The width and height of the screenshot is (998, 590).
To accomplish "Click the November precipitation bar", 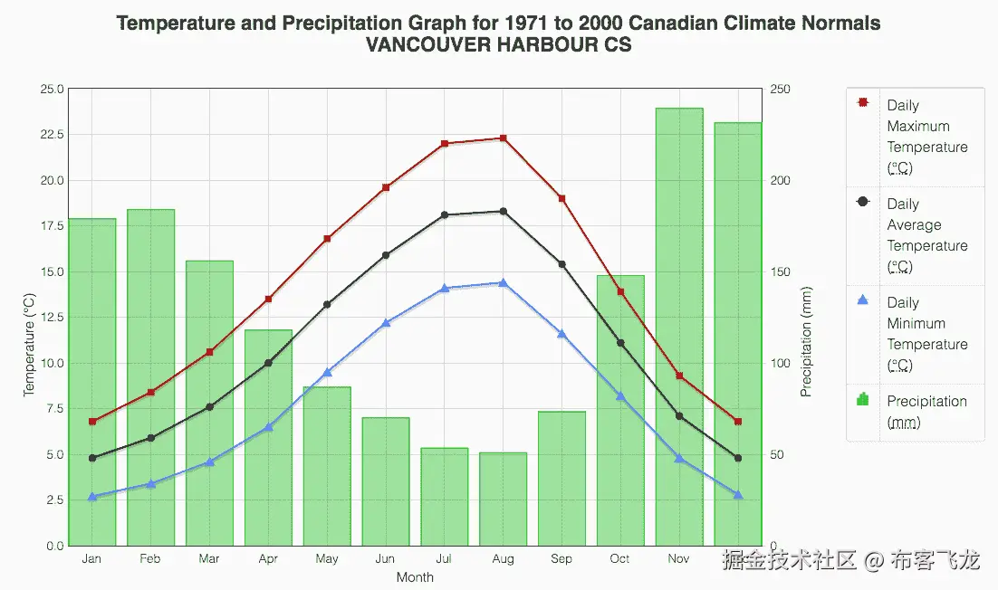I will pyautogui.click(x=679, y=326).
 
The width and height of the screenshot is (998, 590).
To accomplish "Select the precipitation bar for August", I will pyautogui.click(x=503, y=499).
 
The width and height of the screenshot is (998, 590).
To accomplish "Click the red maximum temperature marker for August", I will pyautogui.click(x=503, y=138).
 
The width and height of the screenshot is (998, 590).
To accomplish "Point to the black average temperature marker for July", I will pyautogui.click(x=445, y=215).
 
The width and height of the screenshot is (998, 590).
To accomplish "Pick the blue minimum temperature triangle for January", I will pyautogui.click(x=92, y=497).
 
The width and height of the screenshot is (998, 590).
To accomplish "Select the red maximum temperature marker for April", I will pyautogui.click(x=268, y=300).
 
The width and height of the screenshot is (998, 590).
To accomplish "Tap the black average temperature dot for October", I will pyautogui.click(x=620, y=343).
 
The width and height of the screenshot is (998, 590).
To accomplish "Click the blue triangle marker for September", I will pyautogui.click(x=561, y=334).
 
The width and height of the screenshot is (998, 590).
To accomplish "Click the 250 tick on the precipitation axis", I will pyautogui.click(x=780, y=90).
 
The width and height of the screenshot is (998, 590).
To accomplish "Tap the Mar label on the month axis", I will pyautogui.click(x=209, y=559).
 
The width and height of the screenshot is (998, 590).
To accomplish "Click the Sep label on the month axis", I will pyautogui.click(x=561, y=559).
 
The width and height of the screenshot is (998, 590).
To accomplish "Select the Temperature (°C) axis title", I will pyautogui.click(x=29, y=345).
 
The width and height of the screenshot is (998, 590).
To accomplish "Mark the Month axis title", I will pyautogui.click(x=415, y=577).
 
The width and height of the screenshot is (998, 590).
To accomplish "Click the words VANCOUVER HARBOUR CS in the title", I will pyautogui.click(x=498, y=44).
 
